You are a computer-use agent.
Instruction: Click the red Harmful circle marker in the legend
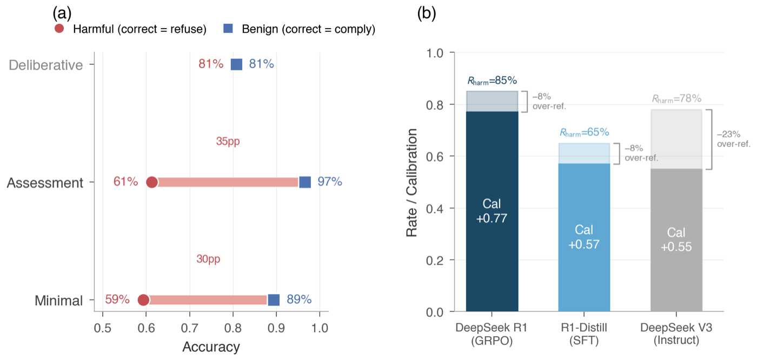pos(59,29)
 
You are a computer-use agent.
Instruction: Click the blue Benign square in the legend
pos(228,29)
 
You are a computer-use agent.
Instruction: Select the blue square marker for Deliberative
pos(236,64)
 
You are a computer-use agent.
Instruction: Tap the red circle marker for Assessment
pos(152,182)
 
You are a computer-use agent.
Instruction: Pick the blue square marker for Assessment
pos(305,182)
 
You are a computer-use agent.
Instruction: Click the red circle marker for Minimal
pos(143,300)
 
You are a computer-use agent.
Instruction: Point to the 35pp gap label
pos(228,142)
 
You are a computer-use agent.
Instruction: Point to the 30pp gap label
pos(208,259)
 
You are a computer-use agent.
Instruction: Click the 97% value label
pos(330,182)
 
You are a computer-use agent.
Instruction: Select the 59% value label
pos(117,299)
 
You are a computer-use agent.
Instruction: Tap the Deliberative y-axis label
pos(46,65)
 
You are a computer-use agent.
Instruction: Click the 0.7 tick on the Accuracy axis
pos(189,328)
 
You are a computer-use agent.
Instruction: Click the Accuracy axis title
pos(211,346)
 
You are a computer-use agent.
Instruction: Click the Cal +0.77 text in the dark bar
pos(492,211)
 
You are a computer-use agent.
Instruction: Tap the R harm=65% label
pos(584,132)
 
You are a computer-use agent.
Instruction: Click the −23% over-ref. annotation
pos(733,139)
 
